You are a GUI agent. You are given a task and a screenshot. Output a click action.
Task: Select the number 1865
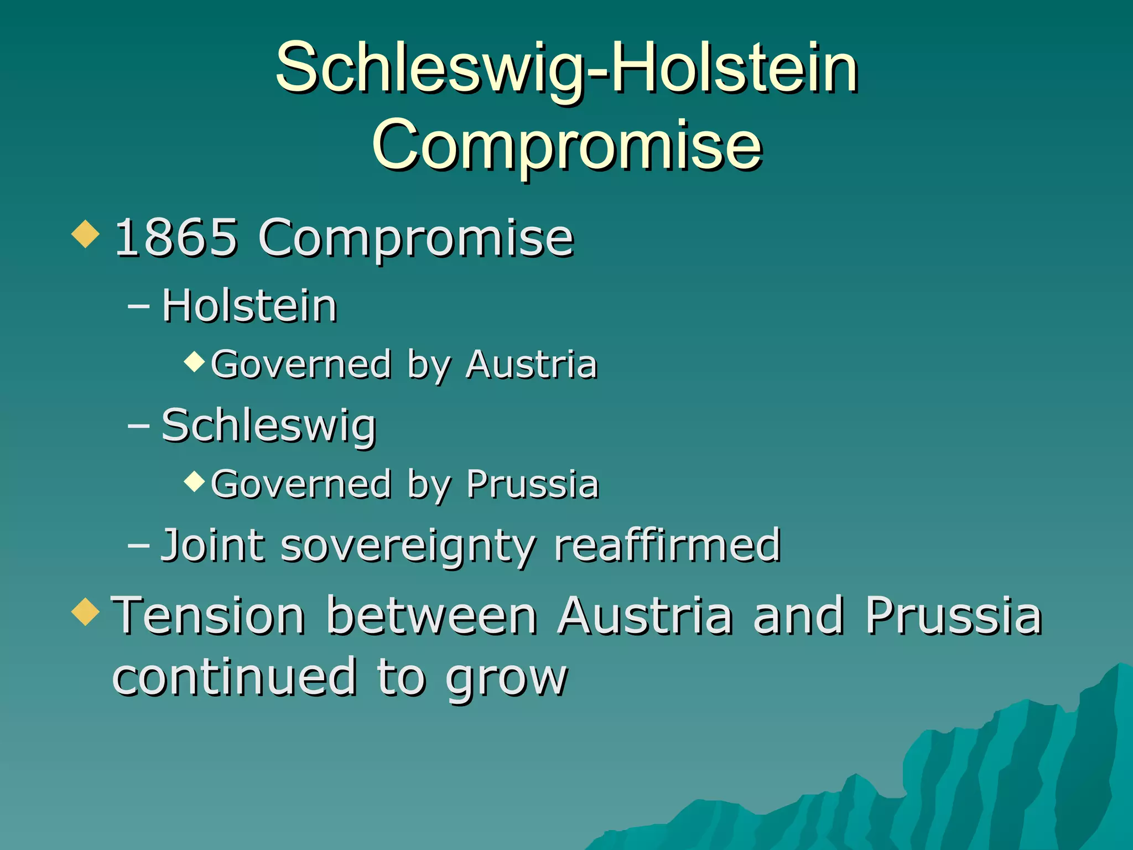[x=176, y=238]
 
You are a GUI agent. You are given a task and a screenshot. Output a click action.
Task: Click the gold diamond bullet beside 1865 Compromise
[x=86, y=234]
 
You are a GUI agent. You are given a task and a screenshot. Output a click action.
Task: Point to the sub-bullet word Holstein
[x=250, y=306]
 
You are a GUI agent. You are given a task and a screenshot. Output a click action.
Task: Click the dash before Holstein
[x=138, y=305]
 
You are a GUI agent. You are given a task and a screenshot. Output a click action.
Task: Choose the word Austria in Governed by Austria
[x=531, y=365]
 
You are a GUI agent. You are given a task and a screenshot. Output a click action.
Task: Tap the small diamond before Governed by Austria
[x=194, y=361]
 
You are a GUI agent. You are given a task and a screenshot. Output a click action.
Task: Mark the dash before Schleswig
[x=138, y=426]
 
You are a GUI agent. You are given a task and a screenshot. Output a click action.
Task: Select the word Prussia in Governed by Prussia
[x=532, y=485]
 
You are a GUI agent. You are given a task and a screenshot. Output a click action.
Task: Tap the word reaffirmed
[x=667, y=546]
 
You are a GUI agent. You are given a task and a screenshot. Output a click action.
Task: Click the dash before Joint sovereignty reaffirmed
[x=138, y=545]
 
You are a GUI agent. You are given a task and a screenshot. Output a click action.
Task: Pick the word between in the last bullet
[x=432, y=615]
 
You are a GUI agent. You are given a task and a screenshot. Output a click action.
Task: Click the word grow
[x=507, y=678]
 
